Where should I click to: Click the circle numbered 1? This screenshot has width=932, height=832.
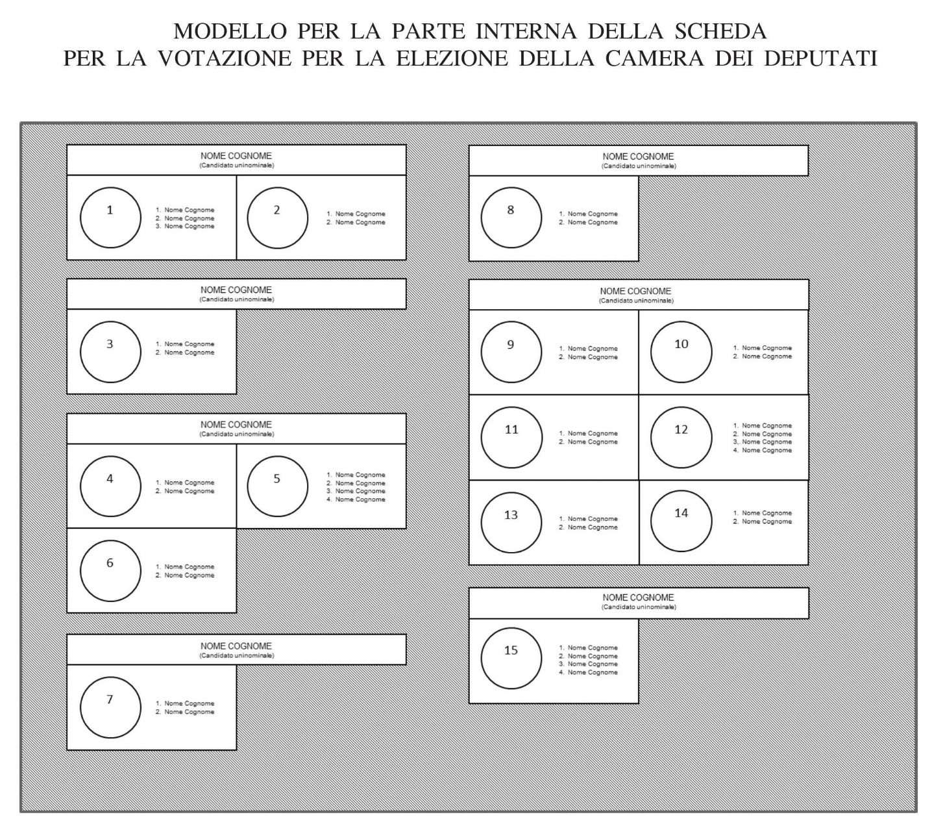coord(110,187)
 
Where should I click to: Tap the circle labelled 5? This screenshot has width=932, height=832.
coord(277,456)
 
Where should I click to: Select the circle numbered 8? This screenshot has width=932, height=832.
coord(511,187)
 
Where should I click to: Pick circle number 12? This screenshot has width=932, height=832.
coord(681,407)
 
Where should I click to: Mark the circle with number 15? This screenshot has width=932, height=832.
coord(511,628)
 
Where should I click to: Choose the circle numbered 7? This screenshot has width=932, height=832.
coord(110,677)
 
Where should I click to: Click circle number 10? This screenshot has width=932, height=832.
coord(681,321)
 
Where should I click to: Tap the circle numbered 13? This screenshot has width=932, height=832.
coord(511,493)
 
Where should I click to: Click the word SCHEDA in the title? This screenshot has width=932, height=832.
coord(720,31)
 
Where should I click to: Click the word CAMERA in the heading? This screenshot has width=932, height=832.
coord(654,58)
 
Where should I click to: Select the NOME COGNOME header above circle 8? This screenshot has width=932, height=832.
coord(638,157)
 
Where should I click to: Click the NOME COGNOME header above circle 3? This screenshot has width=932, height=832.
coord(236,290)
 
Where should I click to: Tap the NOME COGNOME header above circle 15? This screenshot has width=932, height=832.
coord(638,598)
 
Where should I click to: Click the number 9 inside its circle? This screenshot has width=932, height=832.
coord(511,345)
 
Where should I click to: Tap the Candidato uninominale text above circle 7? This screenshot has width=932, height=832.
coord(236,655)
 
